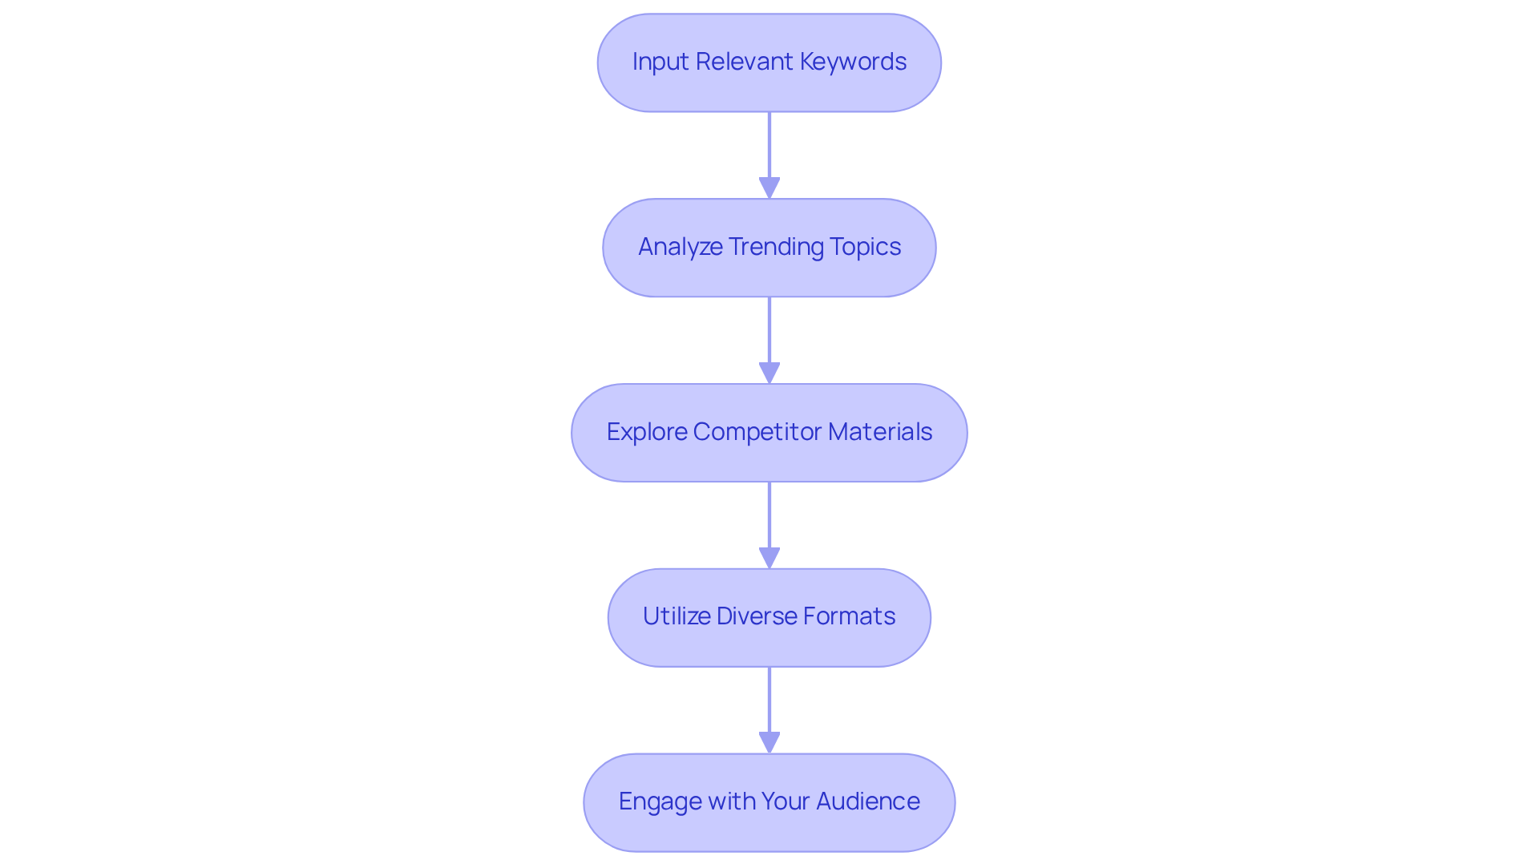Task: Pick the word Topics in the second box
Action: [866, 247]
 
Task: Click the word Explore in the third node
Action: [647, 432]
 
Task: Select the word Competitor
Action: [757, 432]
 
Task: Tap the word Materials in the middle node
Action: [880, 432]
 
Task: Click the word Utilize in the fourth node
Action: [677, 616]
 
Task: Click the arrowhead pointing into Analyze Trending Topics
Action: [769, 188]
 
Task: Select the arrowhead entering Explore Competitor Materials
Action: [769, 373]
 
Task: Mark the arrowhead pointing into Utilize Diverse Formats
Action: [769, 558]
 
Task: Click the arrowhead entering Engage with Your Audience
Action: [769, 742]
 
